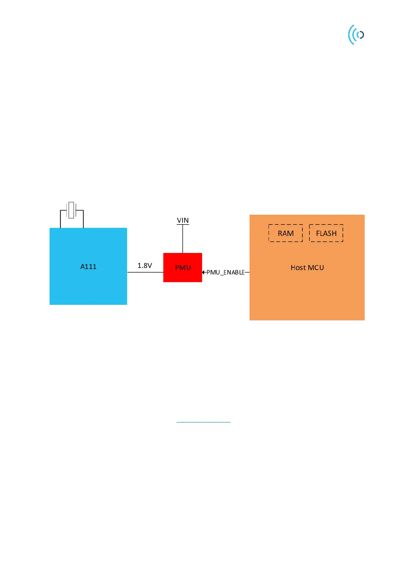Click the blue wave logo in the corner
coord(356,34)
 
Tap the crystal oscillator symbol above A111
coord(71,210)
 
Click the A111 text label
coord(88,267)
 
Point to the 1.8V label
coord(145,266)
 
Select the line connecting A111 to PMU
coord(145,272)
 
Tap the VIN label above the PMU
coord(183,220)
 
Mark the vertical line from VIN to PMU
coord(182,239)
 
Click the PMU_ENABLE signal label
coord(225,272)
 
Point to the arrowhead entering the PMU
coord(204,272)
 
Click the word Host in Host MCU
coord(298,268)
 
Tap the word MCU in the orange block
coord(316,268)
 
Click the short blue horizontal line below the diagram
coord(203,422)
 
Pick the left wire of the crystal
coord(60,219)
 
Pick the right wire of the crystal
coord(83,219)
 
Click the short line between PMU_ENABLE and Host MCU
coord(247,272)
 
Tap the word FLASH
coord(326,233)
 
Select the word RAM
coord(286,233)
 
